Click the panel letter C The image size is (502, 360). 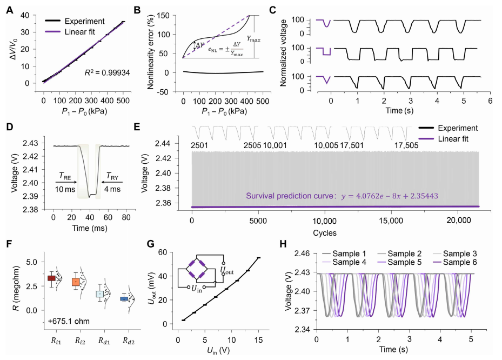273,9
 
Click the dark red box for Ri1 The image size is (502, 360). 52,278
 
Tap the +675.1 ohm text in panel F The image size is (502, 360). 65,324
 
